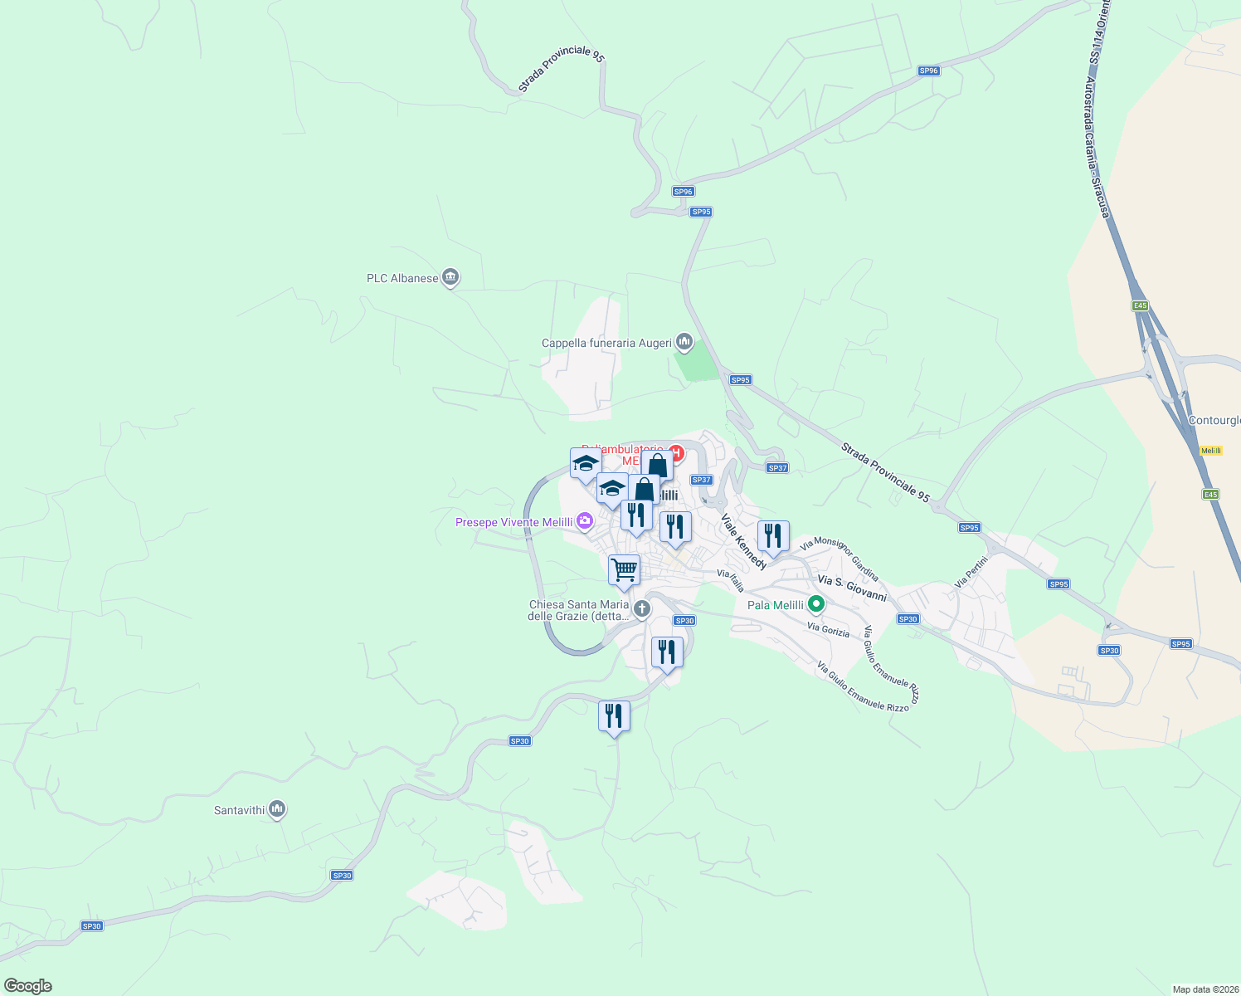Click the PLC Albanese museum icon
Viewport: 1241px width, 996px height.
pos(450,277)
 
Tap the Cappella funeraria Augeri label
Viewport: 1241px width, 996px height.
pos(606,343)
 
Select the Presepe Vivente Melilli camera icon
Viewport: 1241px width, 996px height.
pos(585,521)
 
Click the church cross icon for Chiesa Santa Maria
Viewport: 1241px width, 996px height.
pos(641,609)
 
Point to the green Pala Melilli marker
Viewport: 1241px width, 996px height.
pos(816,604)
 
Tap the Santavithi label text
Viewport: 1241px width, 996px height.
pos(239,810)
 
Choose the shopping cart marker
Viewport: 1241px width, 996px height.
pos(624,570)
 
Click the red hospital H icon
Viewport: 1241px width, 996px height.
pos(676,453)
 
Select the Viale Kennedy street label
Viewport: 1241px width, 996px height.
pos(743,542)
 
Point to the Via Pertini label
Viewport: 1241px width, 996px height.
pos(971,572)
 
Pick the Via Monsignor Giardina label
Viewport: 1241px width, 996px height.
pos(839,558)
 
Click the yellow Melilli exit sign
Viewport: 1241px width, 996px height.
pos(1211,451)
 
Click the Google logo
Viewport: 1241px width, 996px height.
pos(27,986)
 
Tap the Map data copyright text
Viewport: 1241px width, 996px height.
pos(1204,989)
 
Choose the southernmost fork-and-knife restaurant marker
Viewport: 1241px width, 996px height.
pos(614,715)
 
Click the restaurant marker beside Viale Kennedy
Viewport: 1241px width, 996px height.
pos(773,536)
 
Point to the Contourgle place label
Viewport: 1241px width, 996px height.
pos(1214,420)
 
